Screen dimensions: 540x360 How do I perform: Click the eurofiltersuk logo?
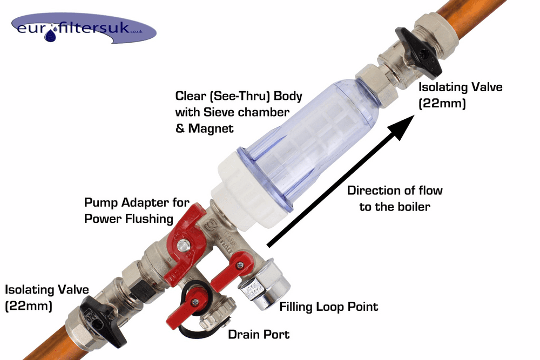84,29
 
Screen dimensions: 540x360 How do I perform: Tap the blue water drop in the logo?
51,35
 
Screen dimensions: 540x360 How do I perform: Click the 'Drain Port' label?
259,334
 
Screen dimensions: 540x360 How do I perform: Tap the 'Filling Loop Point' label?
328,307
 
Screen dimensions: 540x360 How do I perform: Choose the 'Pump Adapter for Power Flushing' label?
137,210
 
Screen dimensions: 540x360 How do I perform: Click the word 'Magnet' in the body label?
211,128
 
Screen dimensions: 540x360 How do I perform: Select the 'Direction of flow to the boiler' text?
395,198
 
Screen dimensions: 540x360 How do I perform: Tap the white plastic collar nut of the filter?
249,193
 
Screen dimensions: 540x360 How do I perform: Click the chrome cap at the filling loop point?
266,284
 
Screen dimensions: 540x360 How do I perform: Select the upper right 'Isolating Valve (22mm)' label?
461,95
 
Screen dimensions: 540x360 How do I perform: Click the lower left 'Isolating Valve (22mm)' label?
47,297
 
